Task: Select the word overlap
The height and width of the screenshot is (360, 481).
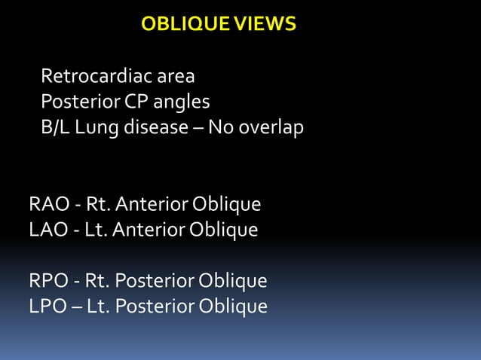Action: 271,127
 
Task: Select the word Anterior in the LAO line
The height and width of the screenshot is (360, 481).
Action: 146,229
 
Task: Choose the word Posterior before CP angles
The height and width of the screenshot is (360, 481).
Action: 75,102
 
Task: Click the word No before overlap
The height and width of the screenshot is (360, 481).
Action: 220,127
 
